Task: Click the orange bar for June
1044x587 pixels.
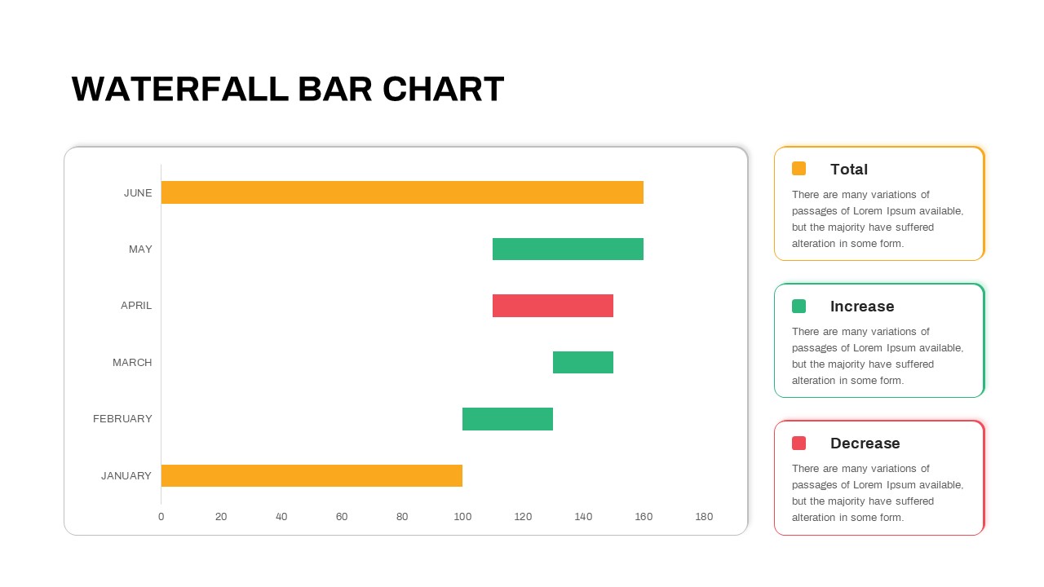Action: pos(402,192)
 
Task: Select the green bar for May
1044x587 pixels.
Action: pos(568,249)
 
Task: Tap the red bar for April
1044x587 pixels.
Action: pos(553,306)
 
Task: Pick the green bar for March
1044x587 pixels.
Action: pos(583,362)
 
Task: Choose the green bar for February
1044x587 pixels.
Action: pos(507,419)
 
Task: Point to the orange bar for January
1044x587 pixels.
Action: pos(312,475)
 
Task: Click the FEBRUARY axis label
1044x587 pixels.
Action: pos(122,419)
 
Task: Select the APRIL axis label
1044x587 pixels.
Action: pos(136,306)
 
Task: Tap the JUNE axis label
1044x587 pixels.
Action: pos(138,193)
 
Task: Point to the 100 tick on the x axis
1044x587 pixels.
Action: pos(462,517)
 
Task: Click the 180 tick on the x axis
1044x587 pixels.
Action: pos(704,517)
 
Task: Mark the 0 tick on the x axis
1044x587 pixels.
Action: pos(161,517)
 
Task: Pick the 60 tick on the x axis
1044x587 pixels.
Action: pos(342,517)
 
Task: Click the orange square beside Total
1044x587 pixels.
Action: pos(798,169)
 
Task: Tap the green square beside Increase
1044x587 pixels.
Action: pos(798,306)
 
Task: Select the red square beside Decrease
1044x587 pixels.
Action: pos(798,443)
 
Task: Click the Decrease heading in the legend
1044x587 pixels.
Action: pos(865,444)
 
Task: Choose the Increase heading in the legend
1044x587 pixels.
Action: pos(862,307)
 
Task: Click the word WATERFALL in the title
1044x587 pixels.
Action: pos(180,89)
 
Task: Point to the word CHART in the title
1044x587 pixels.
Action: pos(443,89)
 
